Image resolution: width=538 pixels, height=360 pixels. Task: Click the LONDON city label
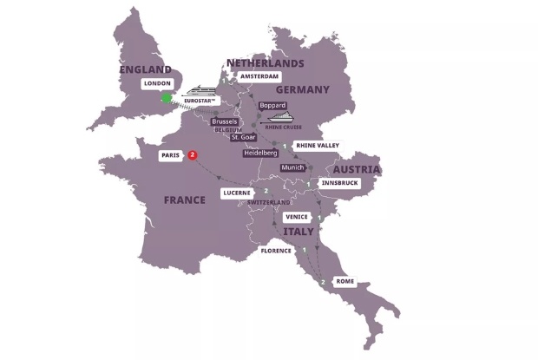159,83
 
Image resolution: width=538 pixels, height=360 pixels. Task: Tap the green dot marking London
167,98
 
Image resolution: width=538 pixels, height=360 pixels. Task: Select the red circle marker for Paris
193,155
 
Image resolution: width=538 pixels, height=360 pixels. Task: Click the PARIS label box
170,155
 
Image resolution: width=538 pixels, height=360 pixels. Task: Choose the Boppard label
272,105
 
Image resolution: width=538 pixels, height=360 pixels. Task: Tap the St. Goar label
243,137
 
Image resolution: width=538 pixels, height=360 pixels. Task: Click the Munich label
293,167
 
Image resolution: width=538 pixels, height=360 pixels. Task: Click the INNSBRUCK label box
338,183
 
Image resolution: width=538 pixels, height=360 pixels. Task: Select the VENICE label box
298,218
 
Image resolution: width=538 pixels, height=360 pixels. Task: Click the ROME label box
344,282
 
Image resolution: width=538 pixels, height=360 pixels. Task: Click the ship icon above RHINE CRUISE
278,119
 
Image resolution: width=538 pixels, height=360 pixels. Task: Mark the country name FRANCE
185,200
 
